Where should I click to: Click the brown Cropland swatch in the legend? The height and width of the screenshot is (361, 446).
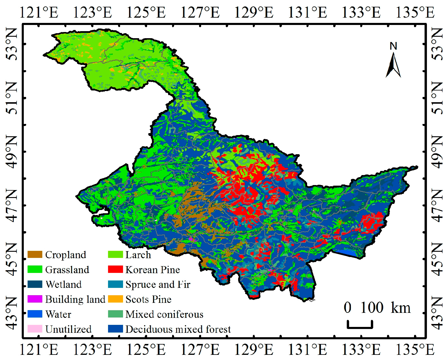point(35,255)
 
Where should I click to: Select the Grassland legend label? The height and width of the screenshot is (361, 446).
point(67,270)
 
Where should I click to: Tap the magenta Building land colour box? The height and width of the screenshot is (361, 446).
point(35,299)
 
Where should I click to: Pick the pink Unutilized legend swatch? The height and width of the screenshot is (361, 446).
point(35,329)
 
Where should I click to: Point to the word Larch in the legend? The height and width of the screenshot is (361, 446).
point(138,255)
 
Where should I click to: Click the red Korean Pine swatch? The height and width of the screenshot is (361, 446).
point(115,269)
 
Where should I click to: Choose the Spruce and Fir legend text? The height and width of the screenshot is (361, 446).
point(158,284)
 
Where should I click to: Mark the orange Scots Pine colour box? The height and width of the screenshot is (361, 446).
point(115,299)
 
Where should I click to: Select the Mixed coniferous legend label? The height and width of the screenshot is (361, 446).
point(164,314)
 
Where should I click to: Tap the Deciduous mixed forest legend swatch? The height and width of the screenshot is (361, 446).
point(115,329)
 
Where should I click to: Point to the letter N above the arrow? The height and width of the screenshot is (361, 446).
point(393,46)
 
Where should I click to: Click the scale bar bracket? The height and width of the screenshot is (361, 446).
point(360,325)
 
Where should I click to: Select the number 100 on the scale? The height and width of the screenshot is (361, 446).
point(372,308)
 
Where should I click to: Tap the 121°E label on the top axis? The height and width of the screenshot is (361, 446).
point(39,13)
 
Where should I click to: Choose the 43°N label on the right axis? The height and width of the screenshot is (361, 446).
point(437,313)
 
